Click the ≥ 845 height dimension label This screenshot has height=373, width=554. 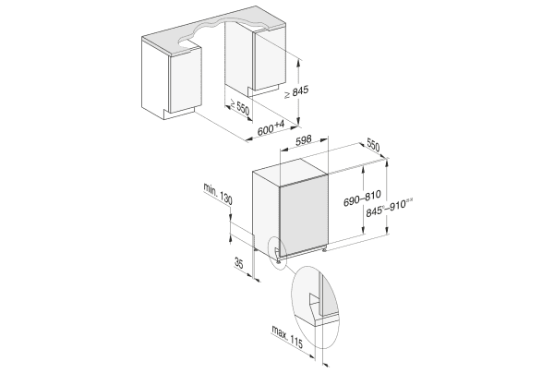point(296,91)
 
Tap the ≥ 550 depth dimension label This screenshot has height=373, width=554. point(240,107)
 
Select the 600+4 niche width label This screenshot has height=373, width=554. point(271,127)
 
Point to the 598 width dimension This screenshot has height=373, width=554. point(304,140)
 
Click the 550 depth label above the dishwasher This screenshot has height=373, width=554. point(373,145)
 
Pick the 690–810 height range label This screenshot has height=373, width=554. point(362,198)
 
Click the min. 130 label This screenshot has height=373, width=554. point(218,194)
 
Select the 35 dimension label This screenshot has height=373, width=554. point(239,263)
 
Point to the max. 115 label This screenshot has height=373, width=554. point(287,337)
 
